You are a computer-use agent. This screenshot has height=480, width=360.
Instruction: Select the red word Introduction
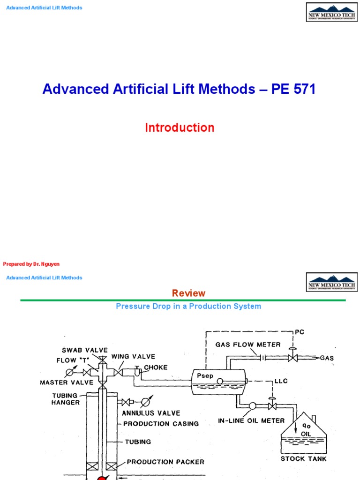click(180, 127)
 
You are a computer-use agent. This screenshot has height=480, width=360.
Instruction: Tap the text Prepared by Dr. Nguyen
click(31, 264)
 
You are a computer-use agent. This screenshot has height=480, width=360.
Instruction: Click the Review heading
click(188, 293)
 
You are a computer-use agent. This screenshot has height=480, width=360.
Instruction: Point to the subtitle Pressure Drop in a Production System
click(188, 307)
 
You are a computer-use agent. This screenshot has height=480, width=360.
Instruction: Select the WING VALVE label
click(133, 356)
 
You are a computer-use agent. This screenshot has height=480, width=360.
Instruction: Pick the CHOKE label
click(156, 367)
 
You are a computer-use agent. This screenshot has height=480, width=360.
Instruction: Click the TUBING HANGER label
click(66, 398)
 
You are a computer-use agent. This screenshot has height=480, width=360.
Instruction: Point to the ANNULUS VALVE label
click(151, 413)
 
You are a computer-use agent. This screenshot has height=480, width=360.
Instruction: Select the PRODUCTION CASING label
click(161, 423)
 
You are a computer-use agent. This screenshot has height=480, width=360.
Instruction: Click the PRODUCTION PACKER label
click(165, 462)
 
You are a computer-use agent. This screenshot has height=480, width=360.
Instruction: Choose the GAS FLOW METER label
click(248, 345)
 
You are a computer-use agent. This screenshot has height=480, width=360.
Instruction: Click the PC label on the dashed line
click(300, 332)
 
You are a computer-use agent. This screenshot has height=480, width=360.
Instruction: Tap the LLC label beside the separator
click(280, 381)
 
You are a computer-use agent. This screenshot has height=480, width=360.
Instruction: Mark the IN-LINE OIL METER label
click(251, 420)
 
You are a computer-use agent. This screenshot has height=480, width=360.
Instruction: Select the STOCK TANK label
click(303, 458)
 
